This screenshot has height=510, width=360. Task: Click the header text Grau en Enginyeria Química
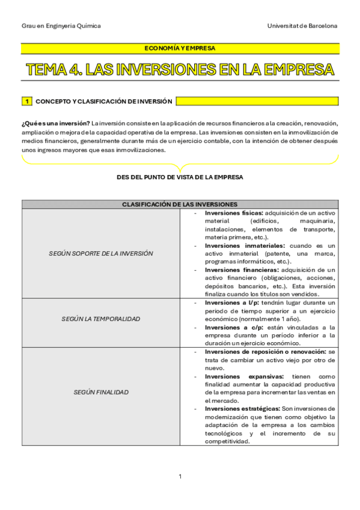pos(61,26)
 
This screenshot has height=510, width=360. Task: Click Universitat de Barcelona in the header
pos(302,26)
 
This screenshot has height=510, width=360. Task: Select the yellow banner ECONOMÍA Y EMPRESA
pos(180,48)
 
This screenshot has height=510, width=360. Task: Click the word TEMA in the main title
pos(53,69)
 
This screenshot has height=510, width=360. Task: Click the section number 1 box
pos(27,102)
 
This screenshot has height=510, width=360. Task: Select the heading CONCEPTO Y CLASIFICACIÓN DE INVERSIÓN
pos(104,102)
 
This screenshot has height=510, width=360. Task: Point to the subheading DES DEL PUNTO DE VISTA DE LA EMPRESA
pos(180,177)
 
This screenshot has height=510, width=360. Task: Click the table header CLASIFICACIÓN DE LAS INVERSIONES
pos(180,204)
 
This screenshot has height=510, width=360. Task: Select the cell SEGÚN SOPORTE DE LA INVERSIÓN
pos(101,253)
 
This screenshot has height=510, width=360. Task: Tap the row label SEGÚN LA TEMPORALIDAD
pos(101,319)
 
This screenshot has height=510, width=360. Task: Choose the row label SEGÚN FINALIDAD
pos(101,392)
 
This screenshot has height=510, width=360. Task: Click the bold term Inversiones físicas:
pos(233,213)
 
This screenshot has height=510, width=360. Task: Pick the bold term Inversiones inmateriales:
pos(244,246)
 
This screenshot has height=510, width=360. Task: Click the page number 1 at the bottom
pos(180,476)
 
